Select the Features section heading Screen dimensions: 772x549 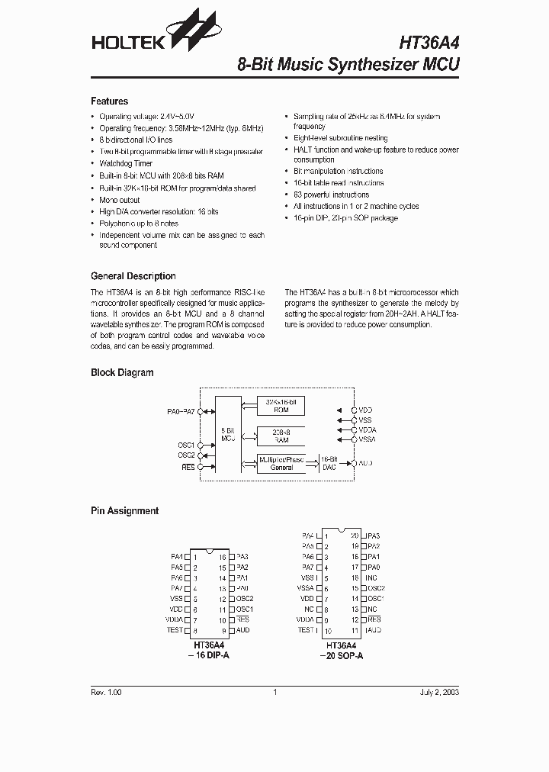click(x=109, y=101)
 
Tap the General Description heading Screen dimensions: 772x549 click(x=133, y=276)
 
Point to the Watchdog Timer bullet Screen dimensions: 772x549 click(x=126, y=163)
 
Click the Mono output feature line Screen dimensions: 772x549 click(x=120, y=200)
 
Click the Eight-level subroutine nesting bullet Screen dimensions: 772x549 click(x=340, y=138)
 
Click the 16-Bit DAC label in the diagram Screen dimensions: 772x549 click(x=328, y=463)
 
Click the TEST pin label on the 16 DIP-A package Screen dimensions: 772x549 click(x=175, y=630)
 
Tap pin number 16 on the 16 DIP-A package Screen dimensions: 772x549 click(x=222, y=557)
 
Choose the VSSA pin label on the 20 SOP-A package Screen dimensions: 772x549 click(x=306, y=588)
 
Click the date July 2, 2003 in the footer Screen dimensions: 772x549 click(x=439, y=692)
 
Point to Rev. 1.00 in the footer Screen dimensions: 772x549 click(x=106, y=692)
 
